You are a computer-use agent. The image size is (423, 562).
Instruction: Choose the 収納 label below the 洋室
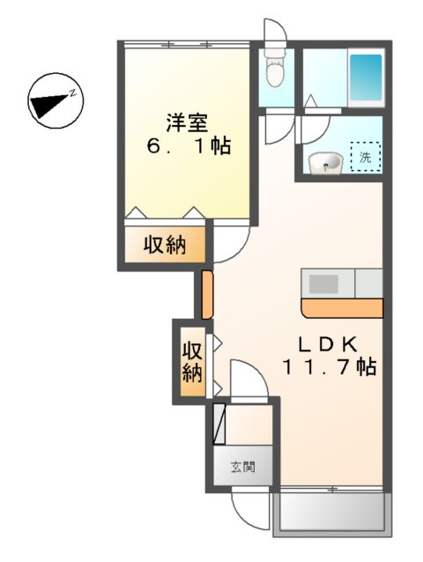click(165, 245)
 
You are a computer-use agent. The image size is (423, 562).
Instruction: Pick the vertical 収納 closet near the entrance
click(191, 361)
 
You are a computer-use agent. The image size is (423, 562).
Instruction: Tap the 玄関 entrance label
click(244, 468)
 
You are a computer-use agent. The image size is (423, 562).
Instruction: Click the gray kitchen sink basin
click(323, 284)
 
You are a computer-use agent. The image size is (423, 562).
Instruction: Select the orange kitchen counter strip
click(341, 307)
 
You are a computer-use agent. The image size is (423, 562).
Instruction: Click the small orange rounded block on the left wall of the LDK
click(207, 294)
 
